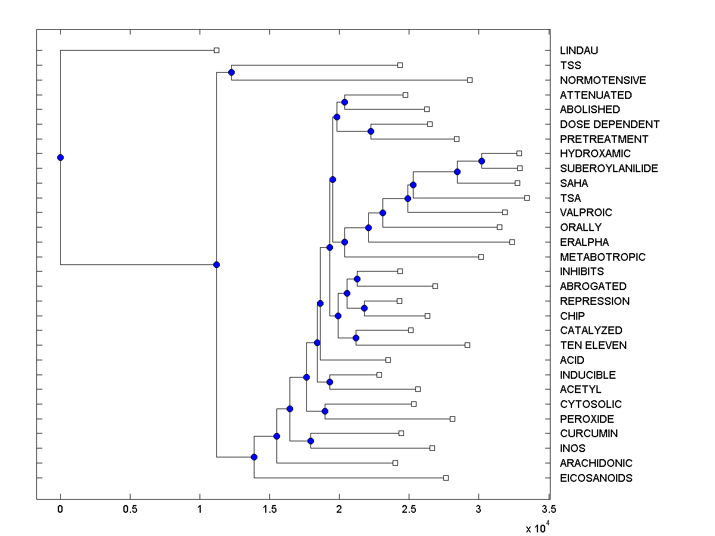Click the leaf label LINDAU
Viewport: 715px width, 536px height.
pos(579,51)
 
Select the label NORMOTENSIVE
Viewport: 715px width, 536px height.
pos(603,80)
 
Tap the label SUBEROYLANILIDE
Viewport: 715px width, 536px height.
pos(609,169)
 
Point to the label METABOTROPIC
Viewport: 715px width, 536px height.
pos(602,257)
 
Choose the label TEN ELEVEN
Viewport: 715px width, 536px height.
pos(593,345)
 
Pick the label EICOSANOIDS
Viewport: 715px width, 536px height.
pos(596,478)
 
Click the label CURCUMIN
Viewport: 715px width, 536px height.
pos(589,434)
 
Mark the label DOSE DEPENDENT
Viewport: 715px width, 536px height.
pos(610,124)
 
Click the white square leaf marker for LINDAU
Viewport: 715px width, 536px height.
pos(216,51)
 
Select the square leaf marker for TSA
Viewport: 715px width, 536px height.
pos(527,198)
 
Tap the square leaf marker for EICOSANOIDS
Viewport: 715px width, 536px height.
pos(446,478)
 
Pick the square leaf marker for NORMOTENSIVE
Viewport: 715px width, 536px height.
pos(470,80)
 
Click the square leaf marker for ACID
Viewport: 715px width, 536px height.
pos(388,360)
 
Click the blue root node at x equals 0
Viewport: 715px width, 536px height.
pos(60,157)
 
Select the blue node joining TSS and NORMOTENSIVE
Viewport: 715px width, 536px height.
pos(231,72)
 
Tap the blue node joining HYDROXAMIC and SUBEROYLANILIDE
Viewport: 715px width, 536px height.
pos(481,161)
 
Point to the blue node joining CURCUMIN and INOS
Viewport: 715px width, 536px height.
pos(310,441)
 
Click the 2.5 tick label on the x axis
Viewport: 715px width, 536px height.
pos(409,510)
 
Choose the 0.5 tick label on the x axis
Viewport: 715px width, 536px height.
pos(130,510)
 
